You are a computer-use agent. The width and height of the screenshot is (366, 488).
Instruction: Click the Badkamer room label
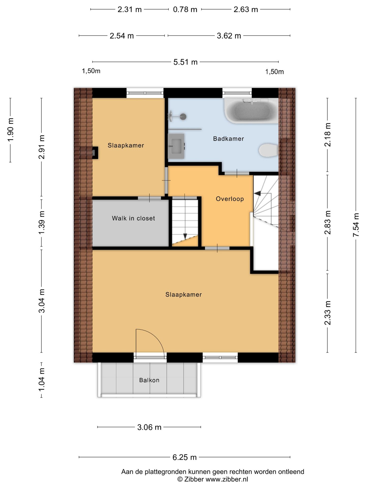click(x=228, y=139)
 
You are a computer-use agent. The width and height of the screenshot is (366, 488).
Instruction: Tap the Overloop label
click(x=230, y=199)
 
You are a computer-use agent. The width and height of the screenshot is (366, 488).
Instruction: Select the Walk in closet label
click(x=133, y=218)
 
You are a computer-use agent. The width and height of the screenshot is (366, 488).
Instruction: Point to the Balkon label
click(x=149, y=380)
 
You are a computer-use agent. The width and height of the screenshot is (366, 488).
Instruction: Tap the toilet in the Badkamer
click(x=268, y=150)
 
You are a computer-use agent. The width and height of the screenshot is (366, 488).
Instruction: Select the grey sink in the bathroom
click(x=176, y=146)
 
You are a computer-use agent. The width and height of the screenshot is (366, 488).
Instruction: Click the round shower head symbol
click(x=183, y=117)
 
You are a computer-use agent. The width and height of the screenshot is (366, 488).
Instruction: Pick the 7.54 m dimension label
click(x=356, y=225)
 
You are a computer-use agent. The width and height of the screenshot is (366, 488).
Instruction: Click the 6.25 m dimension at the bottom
click(x=185, y=457)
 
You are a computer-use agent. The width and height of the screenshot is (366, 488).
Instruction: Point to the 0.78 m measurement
click(x=185, y=10)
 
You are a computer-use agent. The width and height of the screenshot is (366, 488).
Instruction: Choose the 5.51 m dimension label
click(x=185, y=62)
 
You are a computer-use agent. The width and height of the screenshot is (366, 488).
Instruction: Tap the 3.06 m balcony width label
click(x=149, y=427)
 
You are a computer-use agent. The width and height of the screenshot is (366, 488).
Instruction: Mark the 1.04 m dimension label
click(x=42, y=380)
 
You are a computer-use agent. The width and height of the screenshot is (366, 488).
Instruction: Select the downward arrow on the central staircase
click(x=185, y=236)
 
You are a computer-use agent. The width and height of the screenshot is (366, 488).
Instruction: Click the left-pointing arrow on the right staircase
click(x=257, y=193)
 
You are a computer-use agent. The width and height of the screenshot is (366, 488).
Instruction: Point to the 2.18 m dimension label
click(x=328, y=135)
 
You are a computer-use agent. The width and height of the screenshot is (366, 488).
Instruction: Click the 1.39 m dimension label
click(x=42, y=223)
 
